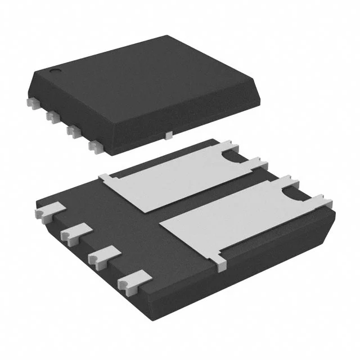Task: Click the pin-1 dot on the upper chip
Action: coord(56,71)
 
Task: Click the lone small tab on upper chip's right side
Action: coord(169,134)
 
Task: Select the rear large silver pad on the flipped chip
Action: coord(169,180)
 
